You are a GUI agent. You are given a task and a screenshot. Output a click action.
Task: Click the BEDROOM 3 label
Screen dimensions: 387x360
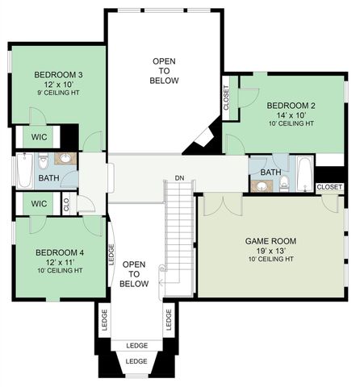[x=58, y=75]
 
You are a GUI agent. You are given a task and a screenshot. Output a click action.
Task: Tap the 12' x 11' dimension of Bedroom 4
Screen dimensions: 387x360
[x=59, y=261]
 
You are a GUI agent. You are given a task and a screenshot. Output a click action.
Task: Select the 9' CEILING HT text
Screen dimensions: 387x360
[x=58, y=94]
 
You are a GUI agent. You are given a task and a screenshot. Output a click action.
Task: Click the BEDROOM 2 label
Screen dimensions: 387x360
[x=291, y=105]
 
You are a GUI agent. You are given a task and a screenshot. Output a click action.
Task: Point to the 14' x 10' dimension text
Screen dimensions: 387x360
[x=291, y=114]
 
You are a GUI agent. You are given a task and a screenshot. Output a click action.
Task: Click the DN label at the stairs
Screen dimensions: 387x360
[x=179, y=178]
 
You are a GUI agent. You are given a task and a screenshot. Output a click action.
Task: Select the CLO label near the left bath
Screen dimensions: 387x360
[x=66, y=205]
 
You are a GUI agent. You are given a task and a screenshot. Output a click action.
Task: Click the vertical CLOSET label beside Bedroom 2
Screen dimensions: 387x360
[x=226, y=97]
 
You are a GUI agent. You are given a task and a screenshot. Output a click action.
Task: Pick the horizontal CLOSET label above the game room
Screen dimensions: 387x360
[x=329, y=187]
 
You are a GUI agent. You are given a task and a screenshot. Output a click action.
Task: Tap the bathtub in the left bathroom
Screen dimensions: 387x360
[x=23, y=172]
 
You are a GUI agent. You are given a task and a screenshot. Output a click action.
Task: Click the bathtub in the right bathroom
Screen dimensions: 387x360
[x=304, y=171]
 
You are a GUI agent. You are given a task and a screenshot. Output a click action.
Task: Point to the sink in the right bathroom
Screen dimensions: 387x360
[x=260, y=186]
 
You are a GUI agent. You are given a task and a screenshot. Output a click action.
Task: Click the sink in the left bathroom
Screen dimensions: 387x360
[x=67, y=158]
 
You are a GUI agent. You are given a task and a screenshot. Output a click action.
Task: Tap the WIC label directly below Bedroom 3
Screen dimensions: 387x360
[x=39, y=137]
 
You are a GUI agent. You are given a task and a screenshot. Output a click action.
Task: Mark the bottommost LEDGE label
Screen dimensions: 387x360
[x=136, y=361]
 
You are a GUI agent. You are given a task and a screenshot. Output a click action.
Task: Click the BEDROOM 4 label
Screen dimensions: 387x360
[x=59, y=252]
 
